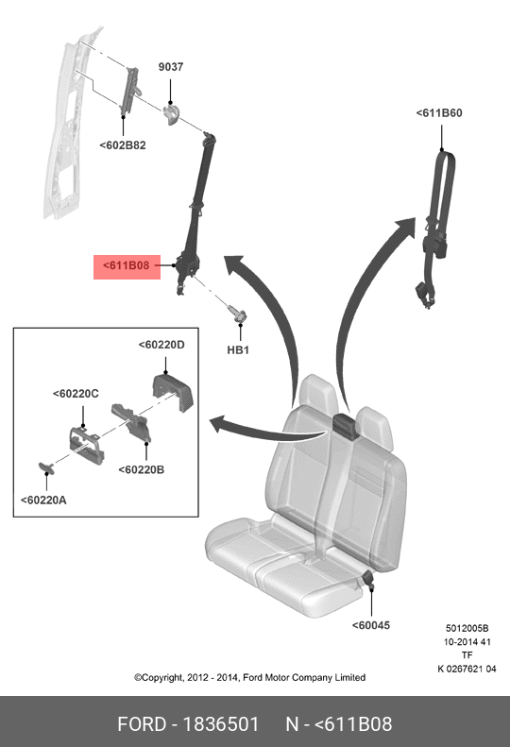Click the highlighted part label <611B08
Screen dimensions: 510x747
point(127,265)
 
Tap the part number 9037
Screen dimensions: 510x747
point(171,67)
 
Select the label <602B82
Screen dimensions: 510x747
point(123,145)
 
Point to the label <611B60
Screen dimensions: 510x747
point(439,113)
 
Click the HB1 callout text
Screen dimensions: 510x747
point(238,350)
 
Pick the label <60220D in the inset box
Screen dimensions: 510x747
point(161,345)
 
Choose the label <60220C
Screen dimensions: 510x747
point(76,394)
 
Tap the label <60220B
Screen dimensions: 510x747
point(141,469)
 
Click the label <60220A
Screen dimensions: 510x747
point(43,501)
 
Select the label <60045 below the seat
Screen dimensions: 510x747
point(371,625)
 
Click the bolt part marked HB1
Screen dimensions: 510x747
point(238,314)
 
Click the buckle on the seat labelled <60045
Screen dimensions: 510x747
point(368,578)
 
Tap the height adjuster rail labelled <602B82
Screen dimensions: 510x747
point(129,91)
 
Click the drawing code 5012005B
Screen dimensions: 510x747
point(467,628)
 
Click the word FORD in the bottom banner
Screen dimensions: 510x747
point(142,724)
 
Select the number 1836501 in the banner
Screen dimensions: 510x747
point(221,724)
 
